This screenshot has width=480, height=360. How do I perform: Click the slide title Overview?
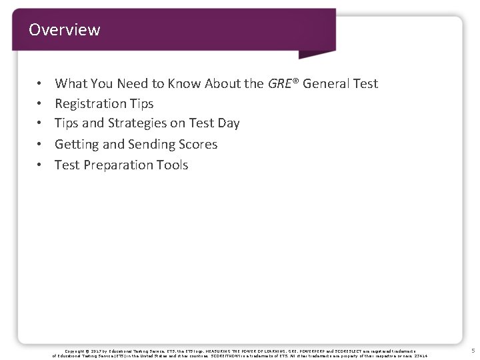point(65,30)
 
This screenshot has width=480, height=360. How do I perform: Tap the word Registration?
point(91,103)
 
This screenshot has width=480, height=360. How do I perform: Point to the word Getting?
point(75,144)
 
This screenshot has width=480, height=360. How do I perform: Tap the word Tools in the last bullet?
point(172,165)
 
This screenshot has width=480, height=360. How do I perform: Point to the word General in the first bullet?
point(327,83)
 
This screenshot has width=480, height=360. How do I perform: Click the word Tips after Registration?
point(142,103)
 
